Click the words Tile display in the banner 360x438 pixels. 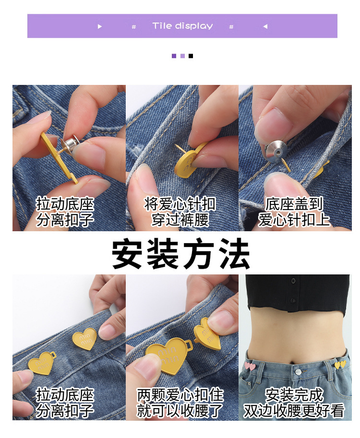click(182, 26)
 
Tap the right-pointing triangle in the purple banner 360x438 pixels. click(100, 26)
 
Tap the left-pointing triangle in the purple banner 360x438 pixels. click(265, 26)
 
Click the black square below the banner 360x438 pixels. click(191, 56)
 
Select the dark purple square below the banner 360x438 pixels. click(174, 56)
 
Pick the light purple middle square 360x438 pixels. click(182, 56)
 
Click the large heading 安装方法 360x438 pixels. click(181, 254)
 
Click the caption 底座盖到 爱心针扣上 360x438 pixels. click(294, 212)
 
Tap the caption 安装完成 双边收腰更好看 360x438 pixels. click(294, 403)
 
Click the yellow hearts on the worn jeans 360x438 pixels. click(340, 365)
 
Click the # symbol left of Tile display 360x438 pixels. click(134, 27)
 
